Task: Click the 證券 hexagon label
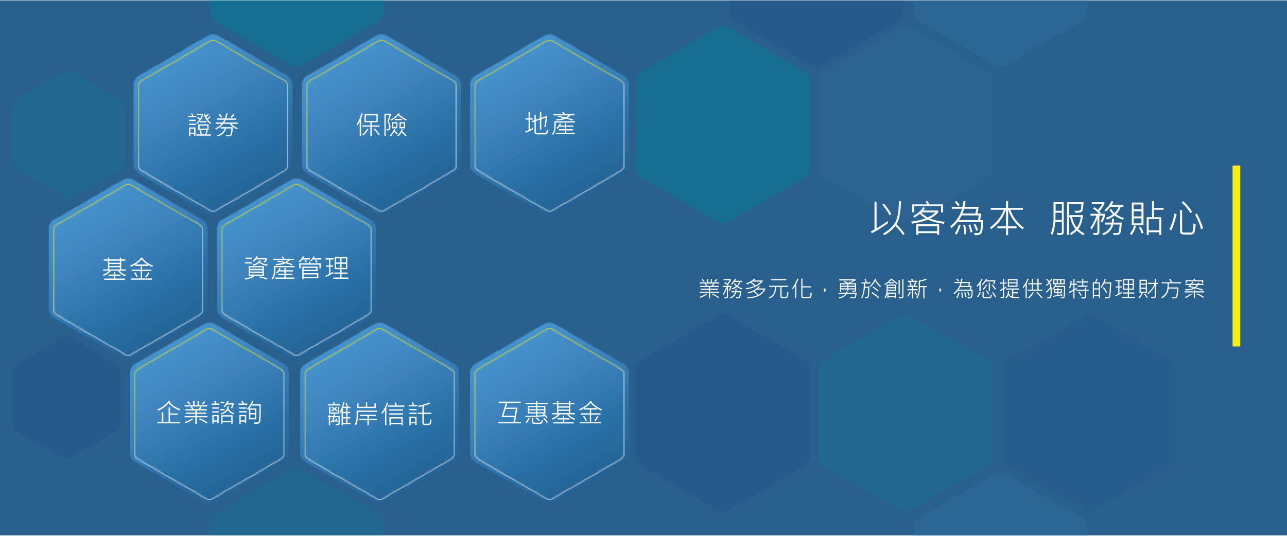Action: click(x=213, y=125)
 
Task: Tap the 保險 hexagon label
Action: click(x=381, y=125)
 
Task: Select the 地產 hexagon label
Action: click(x=550, y=124)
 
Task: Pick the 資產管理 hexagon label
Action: click(x=297, y=268)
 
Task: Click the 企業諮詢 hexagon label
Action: click(x=210, y=413)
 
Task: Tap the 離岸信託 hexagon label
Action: click(x=380, y=414)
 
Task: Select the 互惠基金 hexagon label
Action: click(x=550, y=413)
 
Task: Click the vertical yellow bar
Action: click(x=1236, y=256)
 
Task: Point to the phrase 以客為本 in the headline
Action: click(x=947, y=219)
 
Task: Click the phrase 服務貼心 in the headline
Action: click(x=1127, y=219)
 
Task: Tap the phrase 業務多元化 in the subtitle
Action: click(x=756, y=289)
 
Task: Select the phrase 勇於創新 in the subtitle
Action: click(x=882, y=289)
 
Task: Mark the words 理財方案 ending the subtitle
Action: click(x=1160, y=289)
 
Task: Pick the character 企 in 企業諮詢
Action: click(x=169, y=413)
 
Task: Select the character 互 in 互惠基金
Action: click(x=510, y=413)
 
